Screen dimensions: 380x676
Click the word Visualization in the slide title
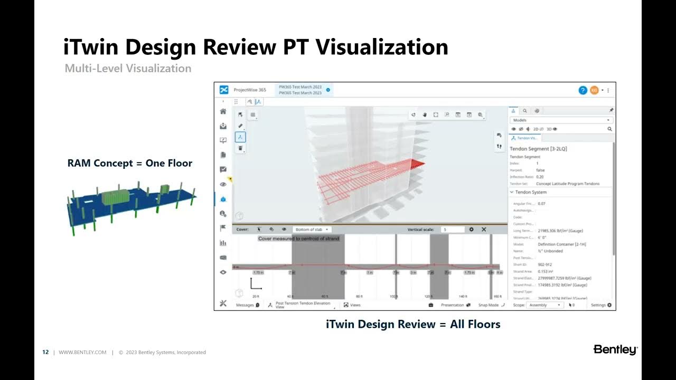point(382,47)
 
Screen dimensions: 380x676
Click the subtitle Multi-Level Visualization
point(128,69)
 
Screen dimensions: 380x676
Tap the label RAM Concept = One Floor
point(130,163)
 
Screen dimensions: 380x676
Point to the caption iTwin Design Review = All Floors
point(413,324)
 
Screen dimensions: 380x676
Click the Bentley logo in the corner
point(615,350)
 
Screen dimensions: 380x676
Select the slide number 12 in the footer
point(45,353)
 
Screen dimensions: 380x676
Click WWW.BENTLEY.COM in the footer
point(82,353)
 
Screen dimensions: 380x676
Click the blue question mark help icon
point(583,90)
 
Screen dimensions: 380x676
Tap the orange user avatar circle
point(594,90)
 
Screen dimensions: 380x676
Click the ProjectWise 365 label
point(250,90)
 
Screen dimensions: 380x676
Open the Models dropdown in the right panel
point(560,120)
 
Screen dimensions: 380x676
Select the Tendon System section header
point(531,192)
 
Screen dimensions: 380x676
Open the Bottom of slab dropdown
point(312,230)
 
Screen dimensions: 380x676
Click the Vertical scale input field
point(453,230)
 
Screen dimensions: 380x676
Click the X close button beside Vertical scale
point(483,230)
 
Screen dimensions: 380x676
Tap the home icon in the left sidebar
point(223,111)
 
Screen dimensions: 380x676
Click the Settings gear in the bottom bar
point(601,305)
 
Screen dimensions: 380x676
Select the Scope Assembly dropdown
point(544,305)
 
